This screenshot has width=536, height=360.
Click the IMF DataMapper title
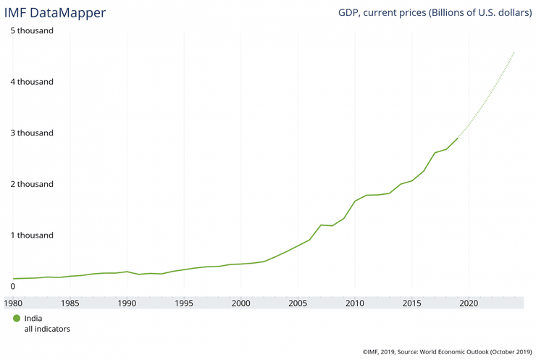(x=55, y=13)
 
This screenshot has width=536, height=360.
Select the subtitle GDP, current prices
(x=435, y=13)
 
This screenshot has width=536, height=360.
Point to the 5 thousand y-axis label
(x=32, y=31)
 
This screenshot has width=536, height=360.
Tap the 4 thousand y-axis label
(x=32, y=82)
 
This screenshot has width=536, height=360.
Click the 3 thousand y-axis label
(x=32, y=133)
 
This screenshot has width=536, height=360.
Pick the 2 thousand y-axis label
(x=32, y=184)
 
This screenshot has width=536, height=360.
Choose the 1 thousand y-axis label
(x=32, y=235)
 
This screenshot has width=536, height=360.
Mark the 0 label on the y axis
(x=13, y=286)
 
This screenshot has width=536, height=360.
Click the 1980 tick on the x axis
(x=14, y=303)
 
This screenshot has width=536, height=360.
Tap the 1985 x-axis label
(x=70, y=303)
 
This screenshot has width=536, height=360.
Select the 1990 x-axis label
(x=127, y=303)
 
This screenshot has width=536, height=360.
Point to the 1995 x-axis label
(x=184, y=303)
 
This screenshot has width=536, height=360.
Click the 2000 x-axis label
(x=241, y=303)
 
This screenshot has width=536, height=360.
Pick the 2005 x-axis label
(x=298, y=303)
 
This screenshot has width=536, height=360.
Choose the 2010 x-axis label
(x=355, y=303)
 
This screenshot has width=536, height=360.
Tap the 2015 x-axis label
(x=411, y=303)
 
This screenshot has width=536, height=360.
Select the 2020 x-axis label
(x=469, y=303)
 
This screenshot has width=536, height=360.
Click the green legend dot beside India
(x=17, y=318)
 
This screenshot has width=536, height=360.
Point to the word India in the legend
(x=33, y=318)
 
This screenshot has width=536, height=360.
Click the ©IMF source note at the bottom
(x=447, y=352)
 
